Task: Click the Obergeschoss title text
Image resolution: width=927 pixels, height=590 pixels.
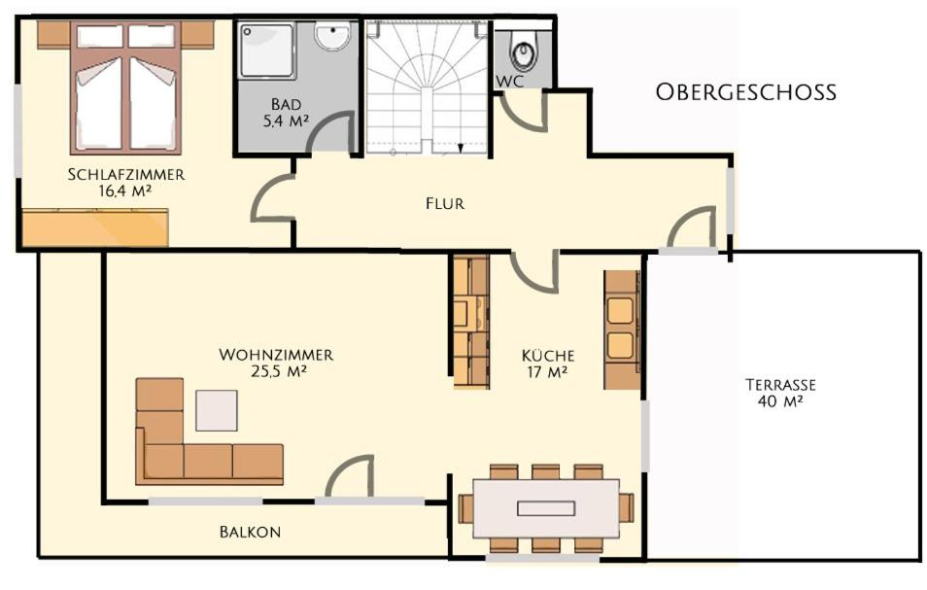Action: click(x=746, y=92)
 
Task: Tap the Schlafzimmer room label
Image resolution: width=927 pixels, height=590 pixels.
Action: click(x=126, y=174)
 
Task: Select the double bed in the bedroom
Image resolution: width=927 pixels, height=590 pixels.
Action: click(x=125, y=88)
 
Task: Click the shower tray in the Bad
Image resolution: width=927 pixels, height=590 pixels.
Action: click(x=267, y=51)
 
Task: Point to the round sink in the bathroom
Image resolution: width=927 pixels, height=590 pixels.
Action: click(x=333, y=35)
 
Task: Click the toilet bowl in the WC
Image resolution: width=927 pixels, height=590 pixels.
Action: click(x=523, y=51)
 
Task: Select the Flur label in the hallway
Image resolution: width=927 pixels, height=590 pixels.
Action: click(x=445, y=204)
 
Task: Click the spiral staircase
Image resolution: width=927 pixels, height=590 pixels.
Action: click(x=427, y=88)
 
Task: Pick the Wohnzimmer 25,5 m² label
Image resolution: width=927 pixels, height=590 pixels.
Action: click(x=276, y=363)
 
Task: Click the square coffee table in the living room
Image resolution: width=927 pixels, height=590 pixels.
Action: click(x=217, y=410)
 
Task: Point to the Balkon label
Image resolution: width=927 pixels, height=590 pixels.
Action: click(x=250, y=532)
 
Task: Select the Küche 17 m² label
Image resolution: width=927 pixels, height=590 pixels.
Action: click(x=548, y=364)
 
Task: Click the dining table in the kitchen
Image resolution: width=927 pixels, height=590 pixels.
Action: click(x=546, y=507)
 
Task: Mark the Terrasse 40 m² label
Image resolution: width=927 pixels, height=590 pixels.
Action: click(x=780, y=393)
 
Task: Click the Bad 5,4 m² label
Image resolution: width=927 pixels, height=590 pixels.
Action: click(x=286, y=113)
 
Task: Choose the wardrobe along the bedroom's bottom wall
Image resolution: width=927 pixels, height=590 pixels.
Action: click(x=95, y=227)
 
